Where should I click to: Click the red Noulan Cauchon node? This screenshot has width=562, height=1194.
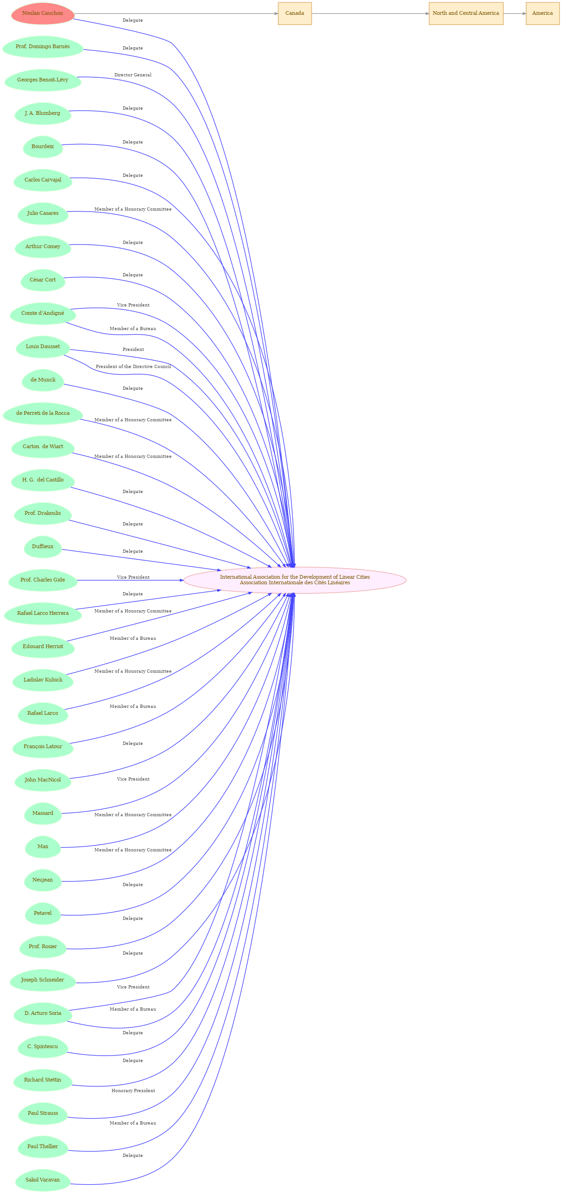click(x=43, y=13)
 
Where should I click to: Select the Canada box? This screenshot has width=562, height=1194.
click(x=295, y=13)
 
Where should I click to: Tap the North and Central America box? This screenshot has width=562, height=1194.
click(x=466, y=13)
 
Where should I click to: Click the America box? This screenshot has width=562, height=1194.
click(x=542, y=13)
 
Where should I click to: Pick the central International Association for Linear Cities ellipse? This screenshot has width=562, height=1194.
click(x=295, y=580)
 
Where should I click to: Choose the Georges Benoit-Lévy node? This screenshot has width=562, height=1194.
click(x=43, y=80)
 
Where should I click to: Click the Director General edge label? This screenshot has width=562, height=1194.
click(x=133, y=75)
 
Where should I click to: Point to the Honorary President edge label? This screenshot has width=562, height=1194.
click(x=133, y=1091)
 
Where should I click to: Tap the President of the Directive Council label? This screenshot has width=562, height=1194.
click(x=133, y=367)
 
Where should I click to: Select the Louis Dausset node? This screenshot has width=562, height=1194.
click(x=43, y=347)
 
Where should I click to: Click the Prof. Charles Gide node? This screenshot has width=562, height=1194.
click(x=43, y=580)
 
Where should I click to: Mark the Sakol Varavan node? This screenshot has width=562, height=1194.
click(x=43, y=1180)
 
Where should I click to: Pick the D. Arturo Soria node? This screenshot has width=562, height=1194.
click(x=43, y=1013)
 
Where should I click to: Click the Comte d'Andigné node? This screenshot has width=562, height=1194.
click(x=43, y=313)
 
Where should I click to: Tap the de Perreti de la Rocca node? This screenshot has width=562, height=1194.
click(x=43, y=413)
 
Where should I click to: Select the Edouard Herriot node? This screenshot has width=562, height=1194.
click(x=43, y=647)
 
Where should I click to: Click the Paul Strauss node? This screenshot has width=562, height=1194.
click(x=43, y=1113)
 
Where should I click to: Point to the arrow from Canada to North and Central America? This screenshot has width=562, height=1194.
click(x=370, y=13)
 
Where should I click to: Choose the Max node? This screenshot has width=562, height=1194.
click(x=43, y=846)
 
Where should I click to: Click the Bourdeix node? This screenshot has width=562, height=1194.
click(x=43, y=147)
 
